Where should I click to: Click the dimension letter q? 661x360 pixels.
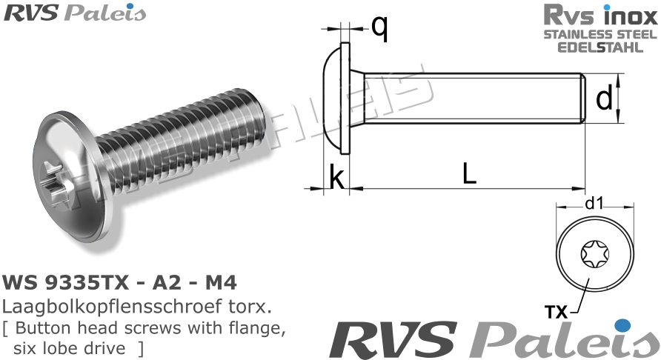379,28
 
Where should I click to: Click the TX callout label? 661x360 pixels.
556,312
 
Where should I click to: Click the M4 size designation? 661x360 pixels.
221,283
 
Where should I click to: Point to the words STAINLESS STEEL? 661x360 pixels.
599,35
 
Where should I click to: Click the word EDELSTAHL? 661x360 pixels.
599,47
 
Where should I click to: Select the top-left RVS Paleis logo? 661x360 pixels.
75,13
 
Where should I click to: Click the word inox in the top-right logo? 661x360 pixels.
630,15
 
